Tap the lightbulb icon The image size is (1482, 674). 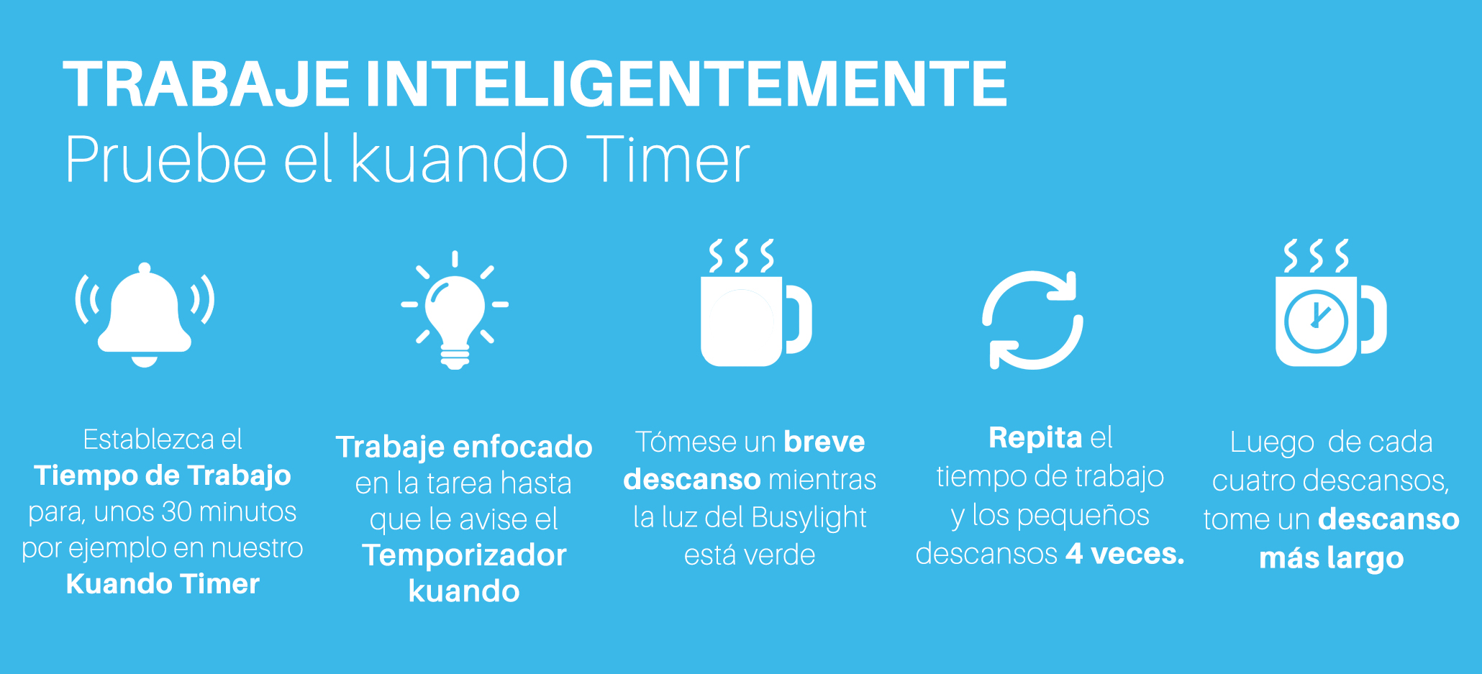(455, 311)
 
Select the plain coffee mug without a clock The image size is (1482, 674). (755, 303)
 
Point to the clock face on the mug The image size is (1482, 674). (1316, 321)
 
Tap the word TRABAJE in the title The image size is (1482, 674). (206, 84)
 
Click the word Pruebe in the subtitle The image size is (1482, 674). (165, 159)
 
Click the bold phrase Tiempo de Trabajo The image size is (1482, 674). (163, 475)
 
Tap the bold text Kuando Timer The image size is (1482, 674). (163, 583)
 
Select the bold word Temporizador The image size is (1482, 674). (464, 555)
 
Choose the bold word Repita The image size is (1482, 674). (1035, 437)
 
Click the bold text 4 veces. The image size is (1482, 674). (1124, 553)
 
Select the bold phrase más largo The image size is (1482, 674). (1331, 558)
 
